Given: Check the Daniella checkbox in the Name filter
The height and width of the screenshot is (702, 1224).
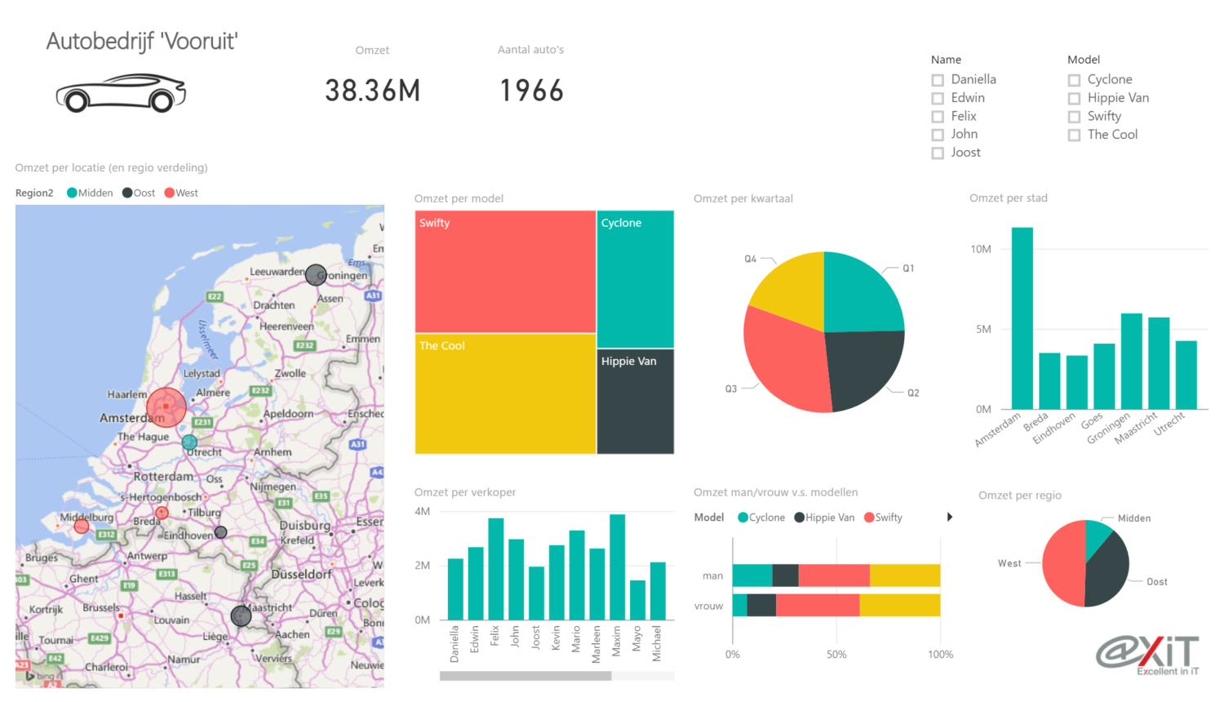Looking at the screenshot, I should point(938,80).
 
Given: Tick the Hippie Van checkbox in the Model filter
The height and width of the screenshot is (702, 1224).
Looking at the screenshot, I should point(1075,99).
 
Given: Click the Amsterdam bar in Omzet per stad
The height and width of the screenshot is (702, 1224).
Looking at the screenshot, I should point(1022,318).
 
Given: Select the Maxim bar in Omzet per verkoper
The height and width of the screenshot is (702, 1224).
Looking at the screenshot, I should point(617,566).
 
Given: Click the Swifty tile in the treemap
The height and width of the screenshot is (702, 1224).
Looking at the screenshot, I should point(505,272).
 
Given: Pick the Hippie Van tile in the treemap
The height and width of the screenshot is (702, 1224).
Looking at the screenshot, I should point(635,402).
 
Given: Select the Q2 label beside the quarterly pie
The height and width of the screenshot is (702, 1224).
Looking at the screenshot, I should point(913,393).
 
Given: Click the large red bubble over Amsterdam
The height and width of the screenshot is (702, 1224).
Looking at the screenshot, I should point(166,407).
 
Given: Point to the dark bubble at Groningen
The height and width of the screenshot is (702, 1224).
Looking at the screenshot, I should point(316,275).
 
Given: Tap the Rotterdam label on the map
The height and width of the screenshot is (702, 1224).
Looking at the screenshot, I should point(163,477).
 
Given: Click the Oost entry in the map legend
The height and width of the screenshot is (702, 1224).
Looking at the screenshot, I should point(140,193).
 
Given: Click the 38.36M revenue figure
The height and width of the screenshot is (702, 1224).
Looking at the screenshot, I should point(372,91).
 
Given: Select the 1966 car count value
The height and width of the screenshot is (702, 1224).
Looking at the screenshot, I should point(531,91).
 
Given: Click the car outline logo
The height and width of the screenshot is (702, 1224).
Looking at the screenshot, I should point(121,93).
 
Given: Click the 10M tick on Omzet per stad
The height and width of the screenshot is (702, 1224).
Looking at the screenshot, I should point(981,249).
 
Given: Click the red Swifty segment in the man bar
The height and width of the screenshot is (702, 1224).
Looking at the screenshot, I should point(833,575).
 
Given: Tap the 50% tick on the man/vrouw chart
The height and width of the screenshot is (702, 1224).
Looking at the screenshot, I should point(836,655).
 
